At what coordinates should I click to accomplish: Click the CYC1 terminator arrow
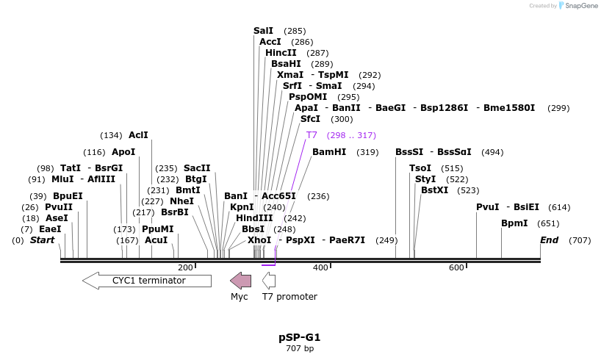[x=147, y=280]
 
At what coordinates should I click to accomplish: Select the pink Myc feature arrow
[x=240, y=280]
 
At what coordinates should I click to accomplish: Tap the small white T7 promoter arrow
[x=269, y=280]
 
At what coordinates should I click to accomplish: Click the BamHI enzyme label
[x=328, y=152]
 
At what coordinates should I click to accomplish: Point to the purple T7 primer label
[x=312, y=135]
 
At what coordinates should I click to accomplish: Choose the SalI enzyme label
[x=263, y=31]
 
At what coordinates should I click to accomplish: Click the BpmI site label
[x=514, y=223]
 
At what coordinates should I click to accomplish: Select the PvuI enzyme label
[x=488, y=207]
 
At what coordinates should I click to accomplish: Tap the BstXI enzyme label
[x=434, y=190]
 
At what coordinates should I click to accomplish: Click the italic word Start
[x=42, y=240]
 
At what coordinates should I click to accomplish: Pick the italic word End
[x=549, y=240]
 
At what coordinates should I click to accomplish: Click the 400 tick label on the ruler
[x=320, y=267]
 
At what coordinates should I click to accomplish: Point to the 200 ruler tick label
[x=185, y=267]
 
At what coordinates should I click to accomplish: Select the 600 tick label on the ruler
[x=456, y=267]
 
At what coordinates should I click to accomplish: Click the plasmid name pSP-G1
[x=300, y=337]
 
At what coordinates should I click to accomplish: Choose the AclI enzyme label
[x=138, y=135]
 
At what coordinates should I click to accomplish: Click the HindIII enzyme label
[x=254, y=217]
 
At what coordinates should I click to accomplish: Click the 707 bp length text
[x=300, y=348]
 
